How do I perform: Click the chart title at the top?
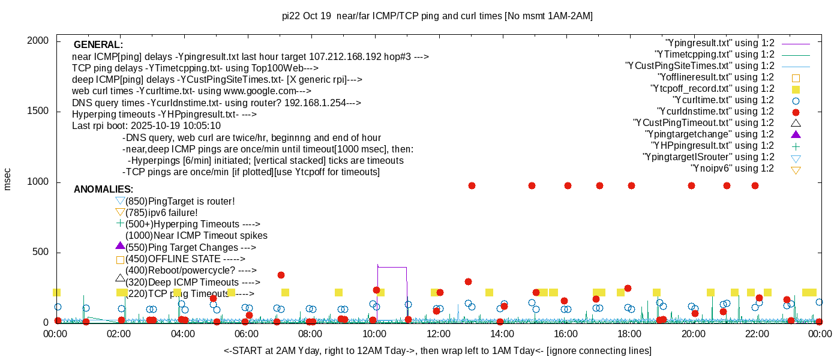(x=437, y=16)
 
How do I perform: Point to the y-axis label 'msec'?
(x=7, y=178)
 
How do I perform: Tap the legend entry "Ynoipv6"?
(x=732, y=169)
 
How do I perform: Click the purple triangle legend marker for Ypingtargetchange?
(x=796, y=134)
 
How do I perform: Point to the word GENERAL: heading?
(x=98, y=45)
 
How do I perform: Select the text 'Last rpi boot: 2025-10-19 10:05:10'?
(x=146, y=126)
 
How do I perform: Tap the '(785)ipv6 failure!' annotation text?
(x=161, y=213)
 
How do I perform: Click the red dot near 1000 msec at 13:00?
(x=472, y=186)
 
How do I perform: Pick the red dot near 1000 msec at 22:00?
(x=755, y=186)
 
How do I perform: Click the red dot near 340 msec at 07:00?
(x=281, y=275)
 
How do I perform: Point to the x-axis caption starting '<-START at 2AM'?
(x=437, y=350)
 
